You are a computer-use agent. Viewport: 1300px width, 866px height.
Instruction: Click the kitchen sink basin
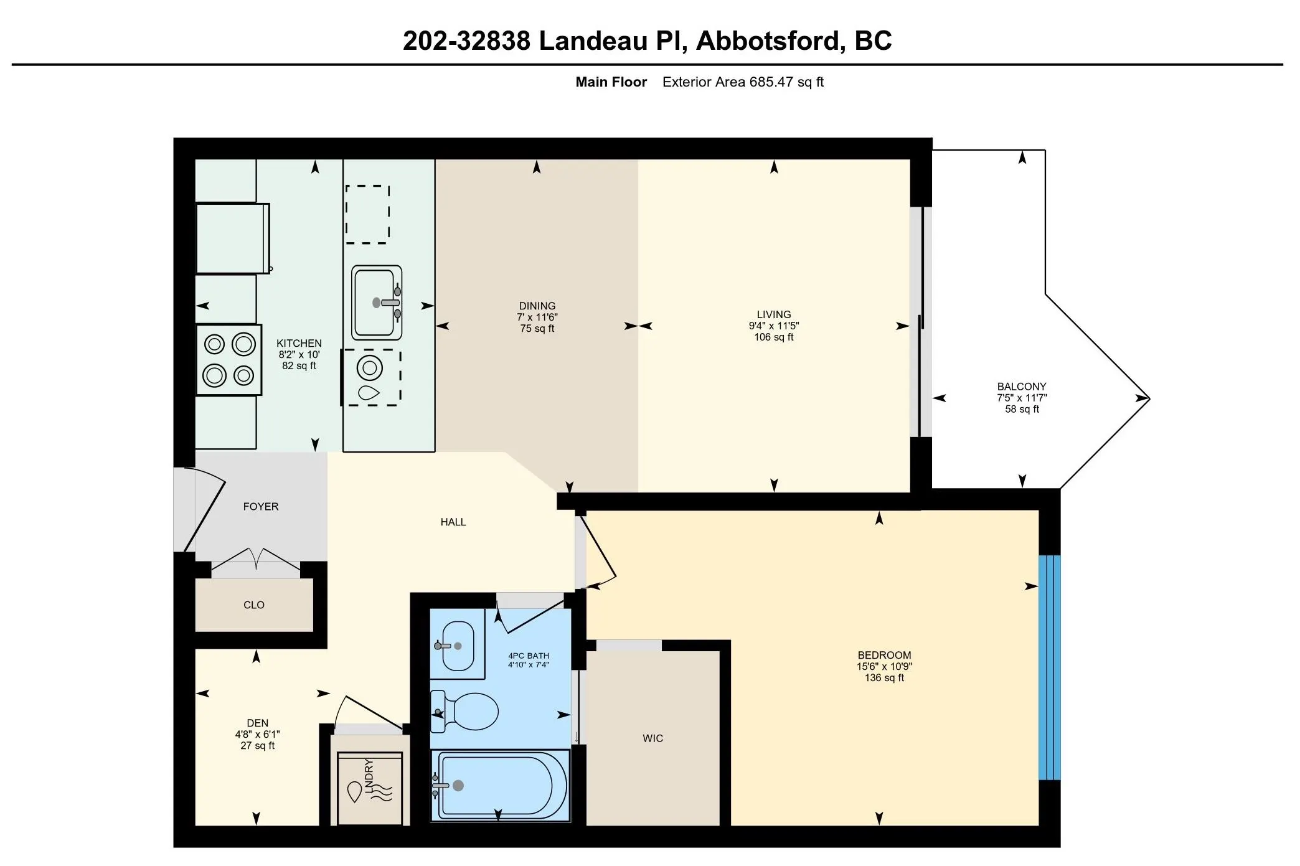(x=376, y=303)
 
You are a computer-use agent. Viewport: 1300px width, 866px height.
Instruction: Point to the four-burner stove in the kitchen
(x=228, y=360)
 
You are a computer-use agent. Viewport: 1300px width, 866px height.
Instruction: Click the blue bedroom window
(x=1050, y=667)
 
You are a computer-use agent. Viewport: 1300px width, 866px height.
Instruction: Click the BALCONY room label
(x=1022, y=387)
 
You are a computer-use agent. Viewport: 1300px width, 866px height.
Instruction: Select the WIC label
(x=652, y=738)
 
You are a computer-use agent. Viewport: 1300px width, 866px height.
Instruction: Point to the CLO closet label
(x=254, y=605)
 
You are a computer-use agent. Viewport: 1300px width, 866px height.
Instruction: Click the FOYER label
(x=261, y=507)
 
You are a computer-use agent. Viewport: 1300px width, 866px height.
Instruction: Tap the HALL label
(x=453, y=522)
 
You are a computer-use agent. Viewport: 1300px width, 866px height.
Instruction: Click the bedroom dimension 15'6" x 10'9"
(x=884, y=667)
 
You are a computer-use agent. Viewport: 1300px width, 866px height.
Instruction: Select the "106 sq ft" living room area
(x=774, y=337)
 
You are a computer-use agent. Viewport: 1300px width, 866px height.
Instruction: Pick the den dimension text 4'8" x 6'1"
(x=257, y=735)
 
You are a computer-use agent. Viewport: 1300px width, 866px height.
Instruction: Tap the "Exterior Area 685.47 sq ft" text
(x=743, y=82)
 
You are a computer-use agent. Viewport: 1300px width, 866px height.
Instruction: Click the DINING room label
(x=537, y=306)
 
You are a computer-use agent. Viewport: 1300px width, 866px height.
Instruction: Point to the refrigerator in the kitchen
(x=233, y=238)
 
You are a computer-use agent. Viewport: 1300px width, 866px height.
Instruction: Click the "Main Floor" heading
(x=611, y=82)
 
